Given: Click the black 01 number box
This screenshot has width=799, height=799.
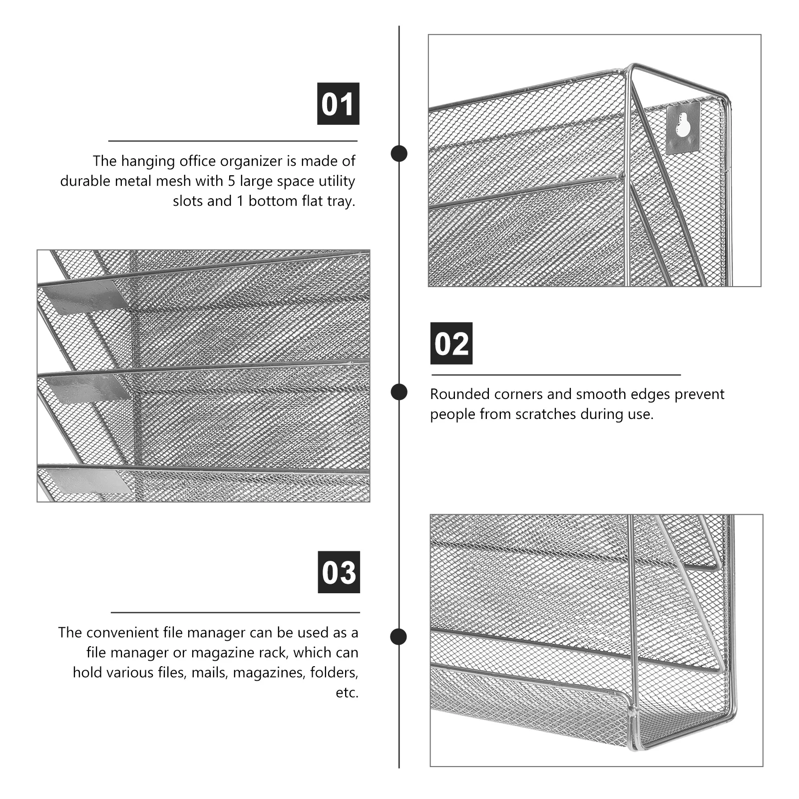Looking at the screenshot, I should click(x=338, y=104).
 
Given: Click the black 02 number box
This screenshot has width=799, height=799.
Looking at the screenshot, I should click(x=451, y=344).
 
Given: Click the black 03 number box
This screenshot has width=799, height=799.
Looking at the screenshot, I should click(x=339, y=572).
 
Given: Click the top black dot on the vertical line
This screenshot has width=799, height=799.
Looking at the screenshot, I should click(x=399, y=153).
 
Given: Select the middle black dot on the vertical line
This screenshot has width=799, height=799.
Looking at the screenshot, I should click(x=399, y=392).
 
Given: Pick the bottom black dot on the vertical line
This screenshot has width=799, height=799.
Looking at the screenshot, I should click(x=399, y=637).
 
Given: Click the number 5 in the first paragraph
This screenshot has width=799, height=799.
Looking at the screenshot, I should click(x=232, y=181).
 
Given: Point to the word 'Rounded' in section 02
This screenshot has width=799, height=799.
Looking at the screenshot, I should click(x=459, y=394).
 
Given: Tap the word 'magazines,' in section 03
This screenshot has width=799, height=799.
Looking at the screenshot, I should click(x=269, y=673).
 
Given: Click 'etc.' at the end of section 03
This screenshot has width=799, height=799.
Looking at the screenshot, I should click(x=347, y=693).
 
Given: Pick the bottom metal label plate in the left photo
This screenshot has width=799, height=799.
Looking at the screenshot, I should click(x=90, y=479).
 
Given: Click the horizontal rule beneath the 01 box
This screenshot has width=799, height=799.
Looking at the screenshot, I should click(x=233, y=141).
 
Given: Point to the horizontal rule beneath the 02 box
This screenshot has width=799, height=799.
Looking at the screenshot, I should click(x=556, y=375).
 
